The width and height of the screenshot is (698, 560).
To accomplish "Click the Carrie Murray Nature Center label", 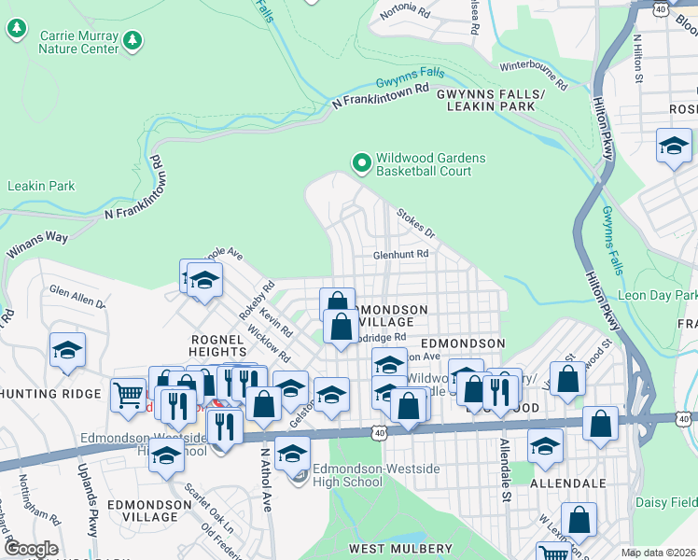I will pyautogui.click(x=78, y=41).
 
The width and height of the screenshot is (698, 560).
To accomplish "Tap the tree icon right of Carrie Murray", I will pyautogui.click(x=133, y=40).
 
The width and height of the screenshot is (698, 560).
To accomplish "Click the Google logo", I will pyautogui.click(x=31, y=549).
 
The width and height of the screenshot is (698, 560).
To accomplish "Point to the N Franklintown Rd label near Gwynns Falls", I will pyautogui.click(x=381, y=94).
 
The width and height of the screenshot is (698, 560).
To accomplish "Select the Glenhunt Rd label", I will pyautogui.click(x=400, y=254).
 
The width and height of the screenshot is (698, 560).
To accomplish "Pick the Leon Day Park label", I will pyautogui.click(x=658, y=295).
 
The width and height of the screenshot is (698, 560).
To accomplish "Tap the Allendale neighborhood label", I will pyautogui.click(x=568, y=483).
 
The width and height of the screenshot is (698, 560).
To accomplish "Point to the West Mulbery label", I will pyautogui.click(x=400, y=549).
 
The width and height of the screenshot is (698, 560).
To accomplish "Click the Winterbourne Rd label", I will pyautogui.click(x=534, y=73).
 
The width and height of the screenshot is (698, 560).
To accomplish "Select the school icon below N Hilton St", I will pyautogui.click(x=674, y=146).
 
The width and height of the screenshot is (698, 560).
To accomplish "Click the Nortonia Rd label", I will pyautogui.click(x=404, y=14).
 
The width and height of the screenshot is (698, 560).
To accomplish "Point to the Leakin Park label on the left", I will pyautogui.click(x=41, y=187).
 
